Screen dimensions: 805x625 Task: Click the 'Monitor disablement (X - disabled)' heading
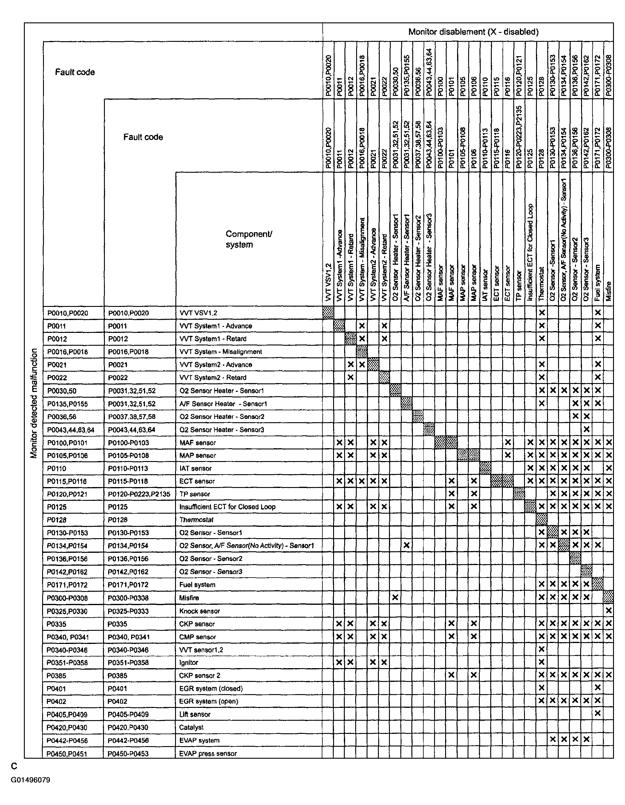tap(473, 32)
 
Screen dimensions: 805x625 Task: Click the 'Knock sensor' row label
tap(199, 611)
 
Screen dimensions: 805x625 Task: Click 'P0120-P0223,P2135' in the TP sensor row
tap(139, 494)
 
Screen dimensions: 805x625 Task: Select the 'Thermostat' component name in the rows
tap(196, 520)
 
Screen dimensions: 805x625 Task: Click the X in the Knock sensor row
tap(608, 611)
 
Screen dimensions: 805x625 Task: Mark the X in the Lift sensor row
tap(597, 714)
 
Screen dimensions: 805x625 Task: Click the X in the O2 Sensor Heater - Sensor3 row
tap(586, 429)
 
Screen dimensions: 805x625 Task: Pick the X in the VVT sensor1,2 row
tap(541, 649)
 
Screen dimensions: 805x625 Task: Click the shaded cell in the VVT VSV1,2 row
tap(328, 313)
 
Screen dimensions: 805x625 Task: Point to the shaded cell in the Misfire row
tap(608, 597)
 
